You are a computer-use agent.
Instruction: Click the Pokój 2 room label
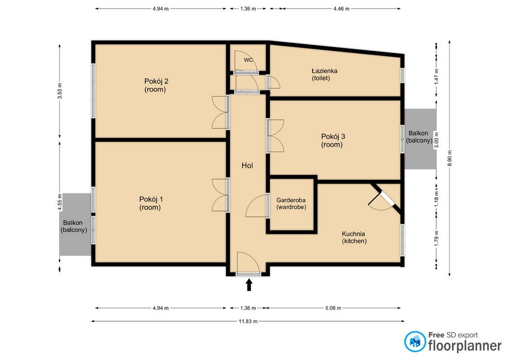click(x=156, y=85)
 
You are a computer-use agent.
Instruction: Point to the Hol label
click(x=247, y=165)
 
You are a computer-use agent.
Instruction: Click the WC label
click(x=248, y=60)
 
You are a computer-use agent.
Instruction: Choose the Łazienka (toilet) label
click(x=324, y=74)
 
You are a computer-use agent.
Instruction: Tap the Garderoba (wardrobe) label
click(x=291, y=204)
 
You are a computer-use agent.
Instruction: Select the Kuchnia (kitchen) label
click(x=354, y=237)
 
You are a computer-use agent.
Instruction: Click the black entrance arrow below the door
click(x=249, y=286)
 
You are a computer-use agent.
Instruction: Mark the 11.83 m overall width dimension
click(x=248, y=321)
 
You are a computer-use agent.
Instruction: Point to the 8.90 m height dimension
click(x=450, y=157)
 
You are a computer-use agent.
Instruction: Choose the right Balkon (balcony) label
click(x=418, y=137)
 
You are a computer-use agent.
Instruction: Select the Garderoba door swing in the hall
click(x=257, y=207)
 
